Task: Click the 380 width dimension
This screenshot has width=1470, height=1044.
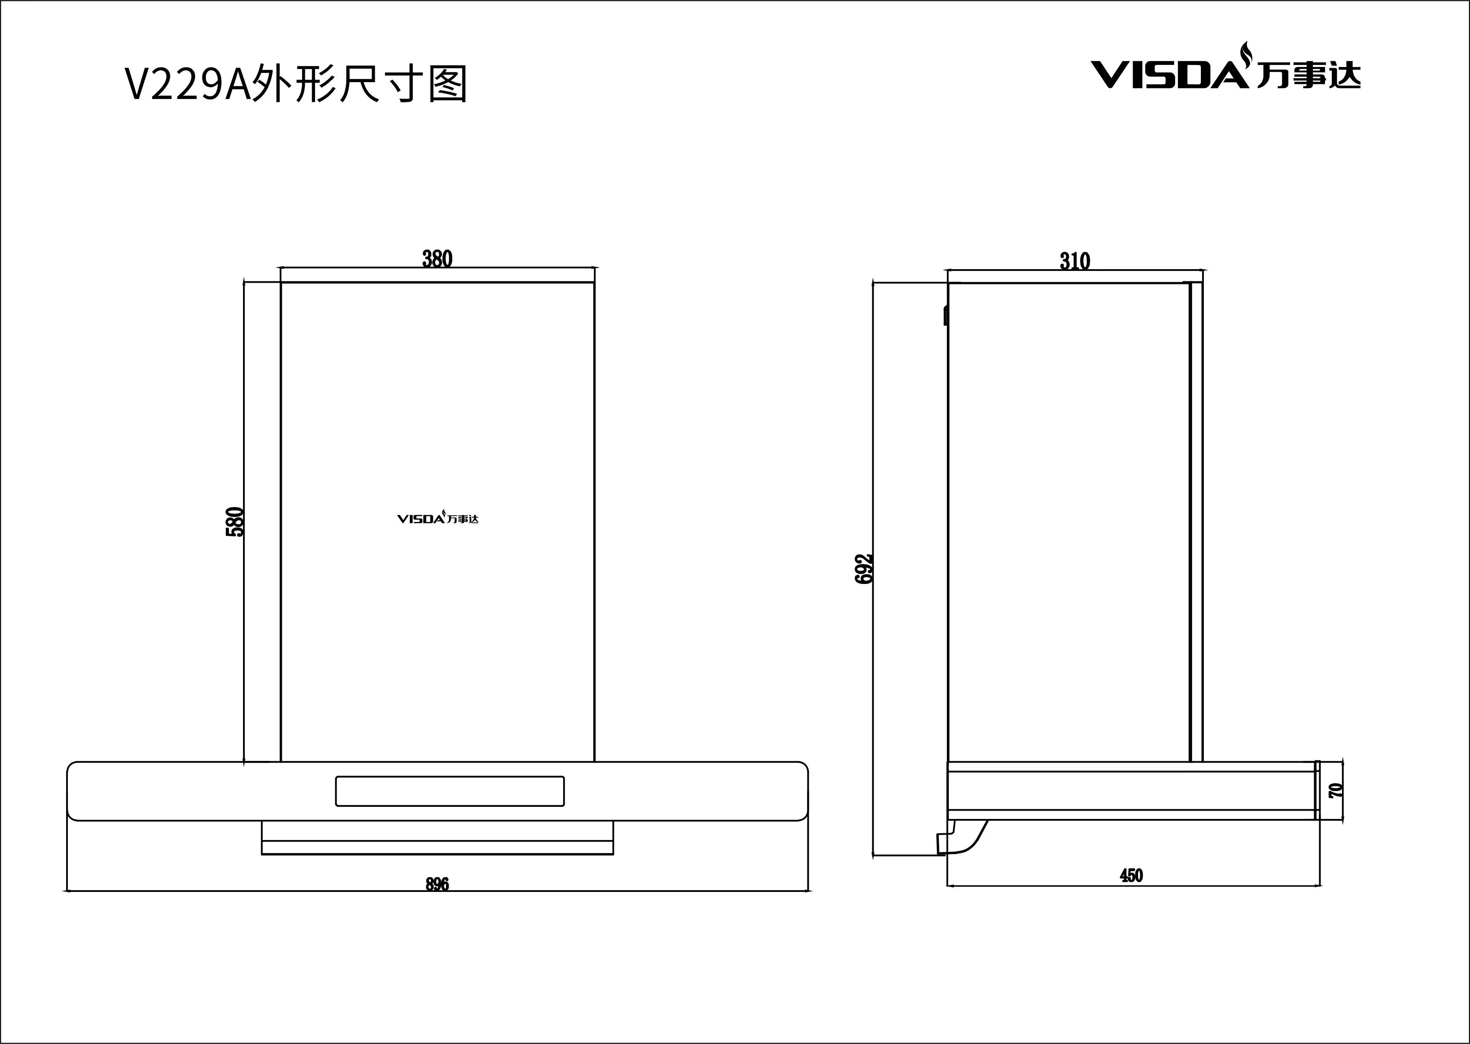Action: pyautogui.click(x=437, y=258)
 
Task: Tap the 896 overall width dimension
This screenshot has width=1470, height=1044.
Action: pyautogui.click(x=437, y=885)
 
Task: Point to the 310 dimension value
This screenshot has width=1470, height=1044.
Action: pyautogui.click(x=1074, y=261)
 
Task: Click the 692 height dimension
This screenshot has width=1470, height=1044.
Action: pyautogui.click(x=864, y=568)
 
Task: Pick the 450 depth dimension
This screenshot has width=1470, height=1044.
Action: pyautogui.click(x=1131, y=875)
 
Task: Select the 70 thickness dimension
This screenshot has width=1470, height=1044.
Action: pyautogui.click(x=1336, y=790)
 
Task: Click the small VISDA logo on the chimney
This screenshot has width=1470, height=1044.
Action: pyautogui.click(x=438, y=518)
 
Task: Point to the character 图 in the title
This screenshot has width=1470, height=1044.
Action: pyautogui.click(x=447, y=85)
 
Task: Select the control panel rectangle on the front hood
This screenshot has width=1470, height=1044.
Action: pyautogui.click(x=449, y=791)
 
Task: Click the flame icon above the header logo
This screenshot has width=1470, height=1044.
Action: pyautogui.click(x=1246, y=52)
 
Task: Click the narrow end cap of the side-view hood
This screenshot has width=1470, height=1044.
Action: pyautogui.click(x=1317, y=790)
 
